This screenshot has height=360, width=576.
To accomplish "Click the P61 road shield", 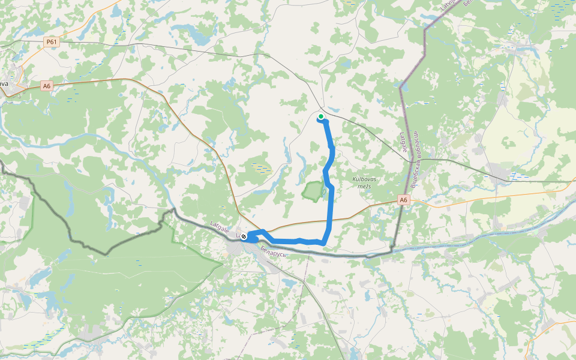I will (52, 42).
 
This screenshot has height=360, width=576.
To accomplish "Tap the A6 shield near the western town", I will (47, 86).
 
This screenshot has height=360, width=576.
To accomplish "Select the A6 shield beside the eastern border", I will (404, 200).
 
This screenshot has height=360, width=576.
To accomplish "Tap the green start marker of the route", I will (322, 116).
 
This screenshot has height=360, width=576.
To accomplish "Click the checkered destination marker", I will (244, 237).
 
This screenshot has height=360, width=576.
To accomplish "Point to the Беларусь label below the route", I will (274, 253).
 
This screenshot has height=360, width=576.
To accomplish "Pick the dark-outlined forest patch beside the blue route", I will (312, 191).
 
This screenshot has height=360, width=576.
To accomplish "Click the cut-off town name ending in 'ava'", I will (4, 83).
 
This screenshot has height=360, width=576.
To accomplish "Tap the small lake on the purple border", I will (404, 88).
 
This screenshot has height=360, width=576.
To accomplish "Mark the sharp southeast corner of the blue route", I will (325, 242).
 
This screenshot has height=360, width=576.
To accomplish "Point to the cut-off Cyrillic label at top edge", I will (471, 3).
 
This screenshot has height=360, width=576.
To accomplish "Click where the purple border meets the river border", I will (393, 247).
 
